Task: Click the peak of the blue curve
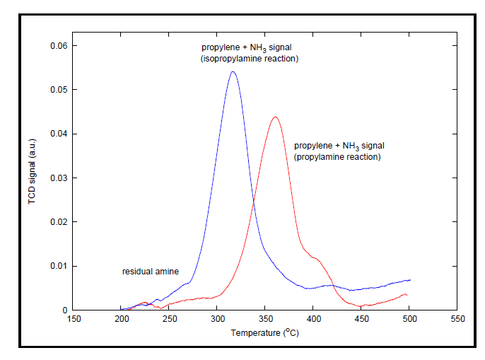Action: coord(233,71)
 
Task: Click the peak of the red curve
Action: coord(275,117)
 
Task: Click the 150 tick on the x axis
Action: coord(74,319)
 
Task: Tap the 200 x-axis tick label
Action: coord(122,319)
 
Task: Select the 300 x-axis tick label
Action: coord(218,319)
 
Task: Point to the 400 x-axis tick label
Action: coord(313,319)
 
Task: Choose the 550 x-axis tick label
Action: coord(457,319)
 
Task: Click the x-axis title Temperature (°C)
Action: coord(265,332)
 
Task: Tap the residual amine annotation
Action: coord(150,272)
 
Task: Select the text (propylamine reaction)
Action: coord(337,157)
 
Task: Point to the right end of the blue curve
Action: coord(410,280)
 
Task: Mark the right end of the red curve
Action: coord(407,295)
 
